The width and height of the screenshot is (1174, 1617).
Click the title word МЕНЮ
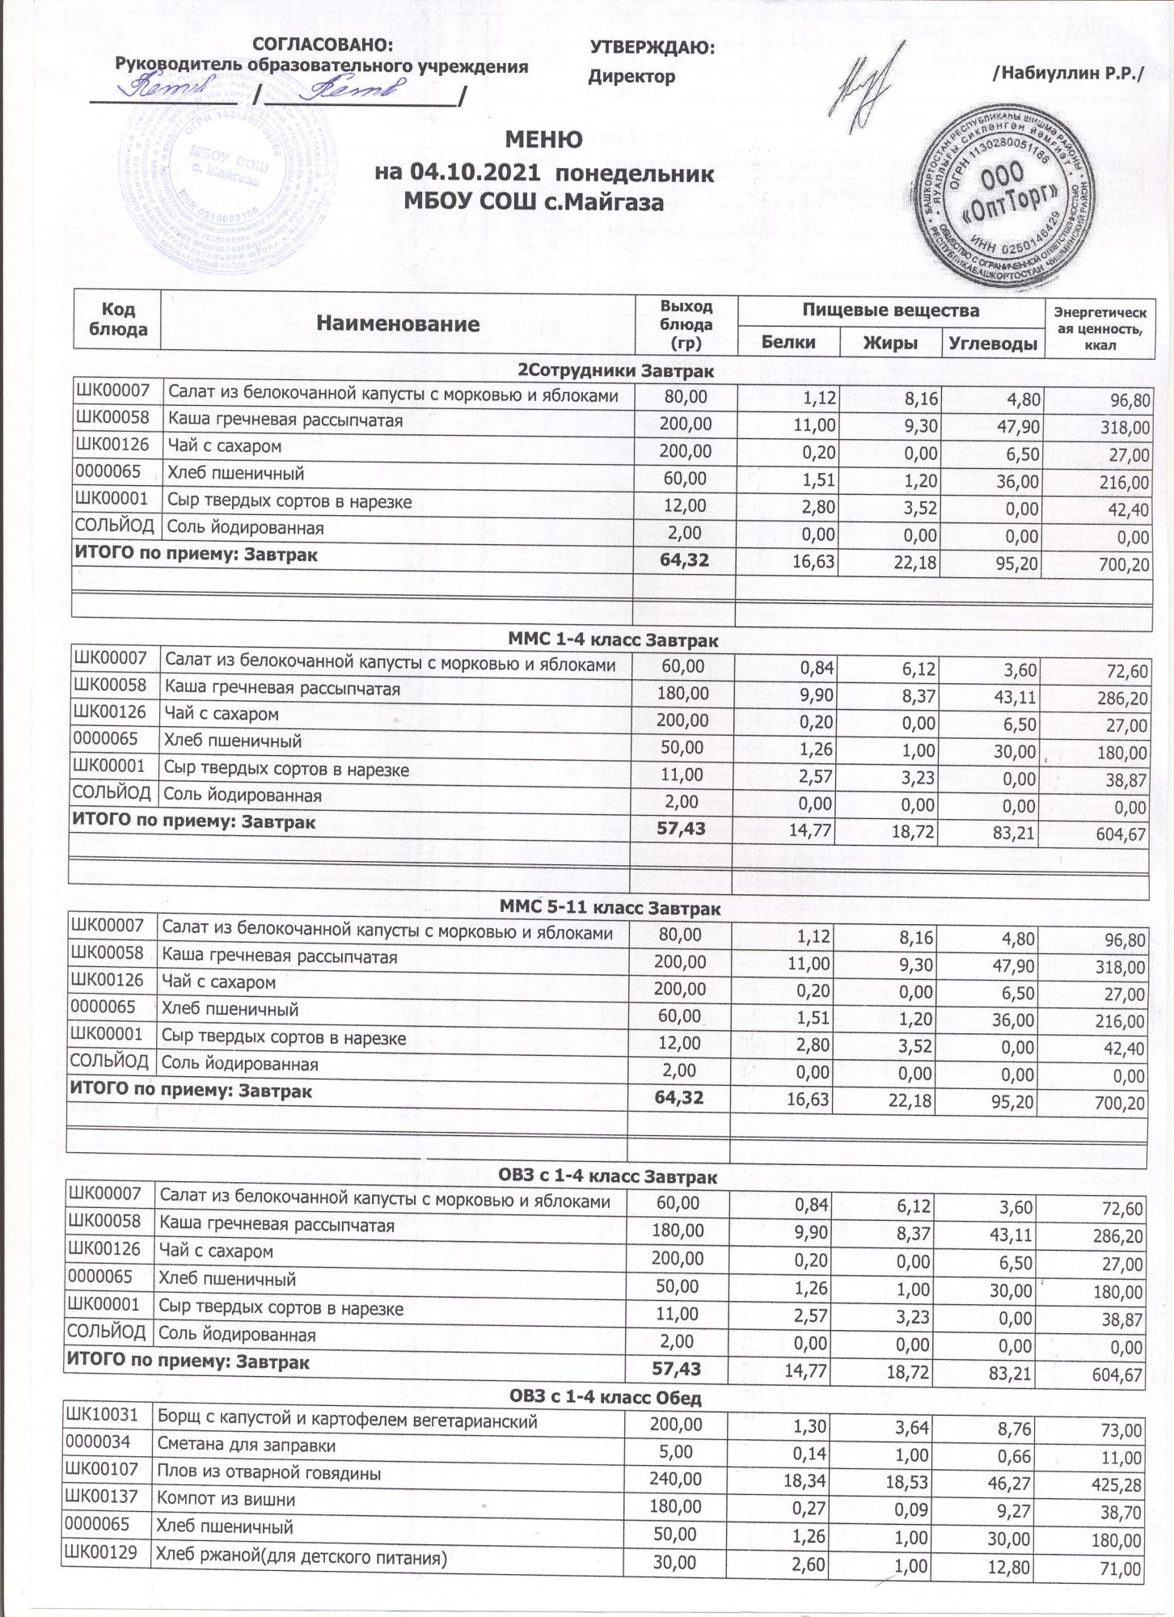543,140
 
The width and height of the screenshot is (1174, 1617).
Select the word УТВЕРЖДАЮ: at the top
652,49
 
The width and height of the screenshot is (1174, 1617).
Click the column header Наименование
398,325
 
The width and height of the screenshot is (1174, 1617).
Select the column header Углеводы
991,342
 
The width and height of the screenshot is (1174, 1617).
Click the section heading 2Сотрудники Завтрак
616,371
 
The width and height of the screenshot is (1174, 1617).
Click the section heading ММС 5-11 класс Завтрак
610,909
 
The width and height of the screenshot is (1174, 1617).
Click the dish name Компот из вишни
226,1499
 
